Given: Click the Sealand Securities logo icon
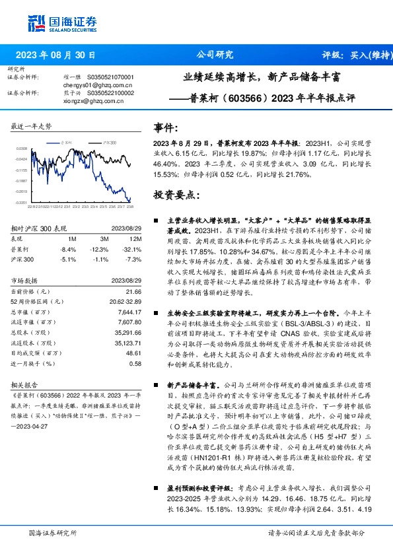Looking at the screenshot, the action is (36, 23).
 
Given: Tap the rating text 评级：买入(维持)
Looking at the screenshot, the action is (354, 55).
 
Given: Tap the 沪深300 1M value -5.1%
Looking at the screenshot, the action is (68, 260).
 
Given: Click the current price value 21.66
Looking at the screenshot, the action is (134, 291).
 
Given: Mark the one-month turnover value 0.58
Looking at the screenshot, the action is (135, 363).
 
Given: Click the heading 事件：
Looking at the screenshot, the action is (166, 127).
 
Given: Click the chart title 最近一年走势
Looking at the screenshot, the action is (32, 126).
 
